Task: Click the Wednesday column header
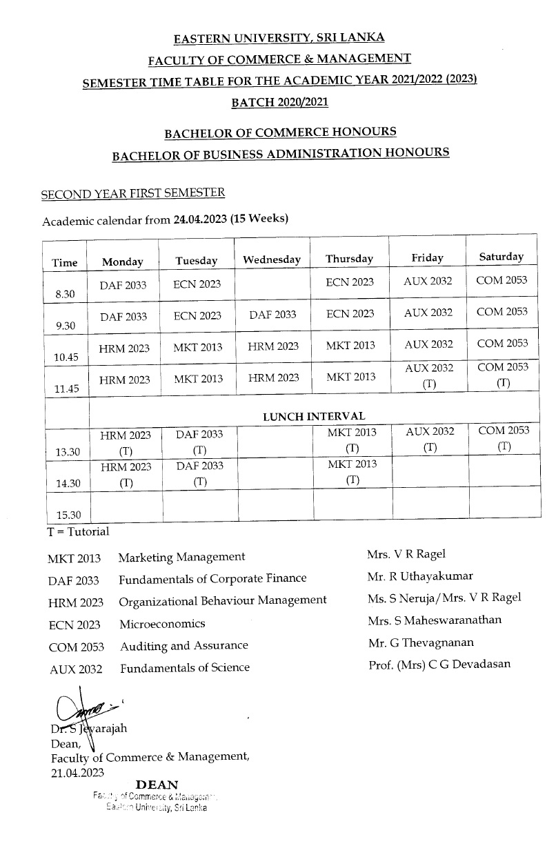[x=272, y=260]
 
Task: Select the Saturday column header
[x=502, y=257]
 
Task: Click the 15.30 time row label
[x=68, y=515]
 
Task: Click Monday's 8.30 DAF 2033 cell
[x=123, y=285]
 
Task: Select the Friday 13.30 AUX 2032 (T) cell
[x=430, y=439]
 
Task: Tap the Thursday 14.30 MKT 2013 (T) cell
[x=352, y=473]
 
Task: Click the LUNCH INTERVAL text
[x=314, y=416]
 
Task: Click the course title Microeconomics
[x=162, y=624]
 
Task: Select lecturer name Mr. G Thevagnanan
[x=421, y=642]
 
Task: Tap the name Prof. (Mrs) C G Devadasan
[x=439, y=665]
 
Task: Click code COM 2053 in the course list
[x=77, y=647]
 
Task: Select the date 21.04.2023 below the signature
[x=77, y=773]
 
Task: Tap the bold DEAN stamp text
[x=157, y=785]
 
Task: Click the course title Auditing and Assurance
[x=183, y=646]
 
